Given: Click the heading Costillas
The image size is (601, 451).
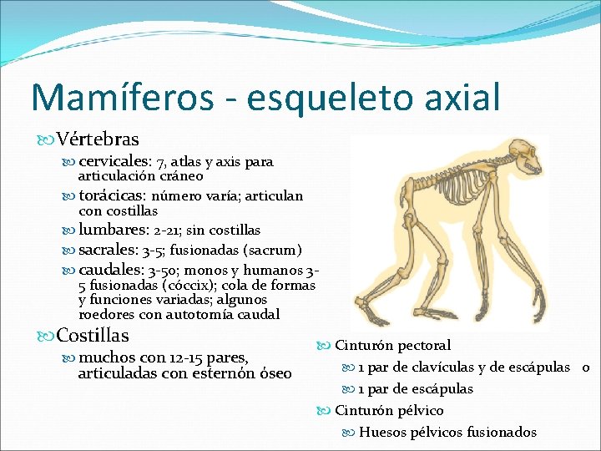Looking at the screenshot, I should point(93,336).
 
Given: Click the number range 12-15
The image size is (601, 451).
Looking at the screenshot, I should point(178,357).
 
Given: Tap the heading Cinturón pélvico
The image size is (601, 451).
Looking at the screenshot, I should point(389,410).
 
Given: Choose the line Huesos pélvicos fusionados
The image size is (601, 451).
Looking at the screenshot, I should point(447,432).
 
